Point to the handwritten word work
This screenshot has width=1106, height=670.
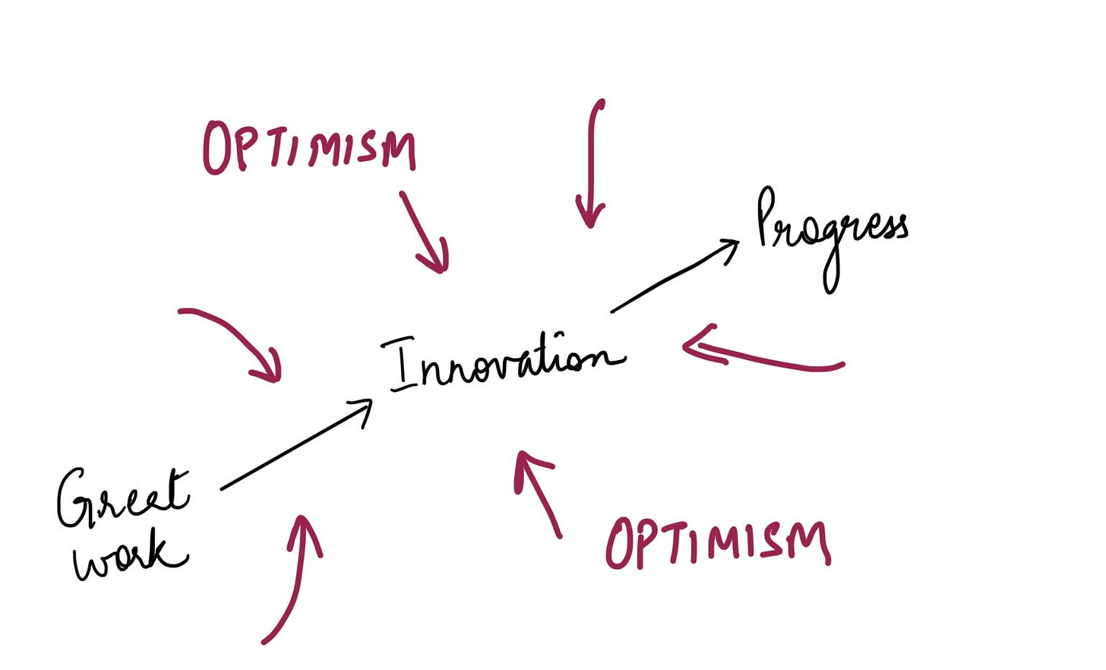[129, 555]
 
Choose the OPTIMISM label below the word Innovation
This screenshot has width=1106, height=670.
[717, 542]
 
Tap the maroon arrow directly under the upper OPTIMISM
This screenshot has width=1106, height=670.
[425, 232]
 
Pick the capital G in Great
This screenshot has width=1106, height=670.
[76, 498]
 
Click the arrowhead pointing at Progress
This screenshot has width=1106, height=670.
[730, 246]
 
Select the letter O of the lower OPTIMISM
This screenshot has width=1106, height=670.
[619, 543]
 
